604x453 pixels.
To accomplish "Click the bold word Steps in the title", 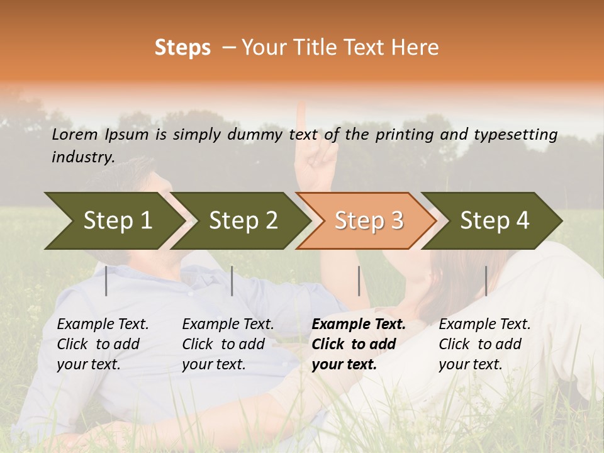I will (x=182, y=48).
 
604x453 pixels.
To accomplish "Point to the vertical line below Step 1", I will (x=106, y=281).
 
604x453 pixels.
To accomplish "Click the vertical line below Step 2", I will (x=232, y=281).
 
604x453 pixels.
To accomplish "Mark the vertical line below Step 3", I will (x=359, y=281).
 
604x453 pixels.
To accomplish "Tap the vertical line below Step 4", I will (x=486, y=281).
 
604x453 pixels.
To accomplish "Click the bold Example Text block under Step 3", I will (x=359, y=344).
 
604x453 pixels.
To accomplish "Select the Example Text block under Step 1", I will (x=103, y=344).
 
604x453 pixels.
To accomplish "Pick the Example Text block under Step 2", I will (x=228, y=344).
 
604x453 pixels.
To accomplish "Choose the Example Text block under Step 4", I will (x=484, y=344).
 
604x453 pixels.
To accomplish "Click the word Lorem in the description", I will (x=75, y=135).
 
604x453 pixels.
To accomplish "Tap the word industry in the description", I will (x=83, y=157).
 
